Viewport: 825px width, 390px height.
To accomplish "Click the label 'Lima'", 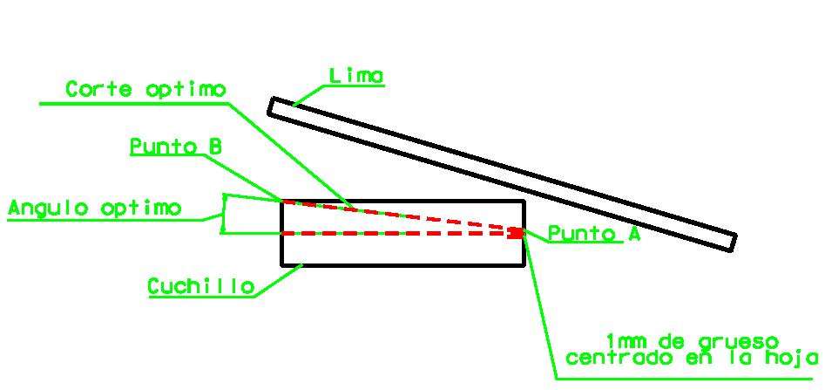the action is [356, 77].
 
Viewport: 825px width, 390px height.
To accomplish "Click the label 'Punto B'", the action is [175, 147].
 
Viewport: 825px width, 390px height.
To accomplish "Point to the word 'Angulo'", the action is [47, 209].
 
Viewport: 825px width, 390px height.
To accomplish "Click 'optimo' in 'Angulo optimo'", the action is [140, 209].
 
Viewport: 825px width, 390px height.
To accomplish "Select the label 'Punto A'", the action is [594, 234].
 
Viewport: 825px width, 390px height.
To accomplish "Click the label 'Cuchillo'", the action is [201, 287].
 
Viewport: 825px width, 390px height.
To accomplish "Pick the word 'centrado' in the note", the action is [619, 358].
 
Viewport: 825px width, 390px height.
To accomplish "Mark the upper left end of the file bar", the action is [270, 106].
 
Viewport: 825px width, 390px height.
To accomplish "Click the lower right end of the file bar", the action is [733, 243].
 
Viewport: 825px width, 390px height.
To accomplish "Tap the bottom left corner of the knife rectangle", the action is [282, 265].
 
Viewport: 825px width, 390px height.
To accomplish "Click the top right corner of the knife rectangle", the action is [524, 202].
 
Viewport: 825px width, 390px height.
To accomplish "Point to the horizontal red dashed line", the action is [398, 233].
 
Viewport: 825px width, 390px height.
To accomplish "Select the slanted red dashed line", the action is [398, 216].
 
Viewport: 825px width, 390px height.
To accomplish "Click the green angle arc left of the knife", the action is [222, 215].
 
